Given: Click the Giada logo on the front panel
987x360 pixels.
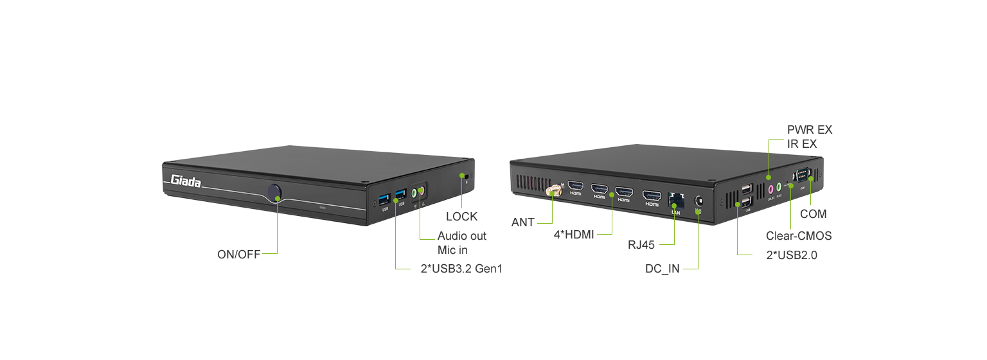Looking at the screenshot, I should point(186,182).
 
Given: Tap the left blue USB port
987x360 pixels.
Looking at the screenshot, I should point(384,196).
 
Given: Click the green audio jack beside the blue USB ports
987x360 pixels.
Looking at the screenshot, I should point(414,192).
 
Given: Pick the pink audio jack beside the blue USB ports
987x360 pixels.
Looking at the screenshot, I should point(422,190).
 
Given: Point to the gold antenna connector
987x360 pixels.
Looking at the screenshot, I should point(554,190).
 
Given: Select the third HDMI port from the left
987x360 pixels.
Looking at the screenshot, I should point(623,192).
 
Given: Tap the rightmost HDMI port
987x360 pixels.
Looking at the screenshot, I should point(652,195).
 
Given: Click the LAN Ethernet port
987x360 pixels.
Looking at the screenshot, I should point(675,199).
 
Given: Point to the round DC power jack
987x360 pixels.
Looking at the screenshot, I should point(698,201).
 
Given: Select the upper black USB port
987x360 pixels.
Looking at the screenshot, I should point(746,190).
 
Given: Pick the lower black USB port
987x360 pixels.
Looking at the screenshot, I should point(747,203).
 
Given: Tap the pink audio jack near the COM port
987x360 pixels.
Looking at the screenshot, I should point(769,190).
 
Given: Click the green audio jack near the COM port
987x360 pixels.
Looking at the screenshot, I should point(779,187).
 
